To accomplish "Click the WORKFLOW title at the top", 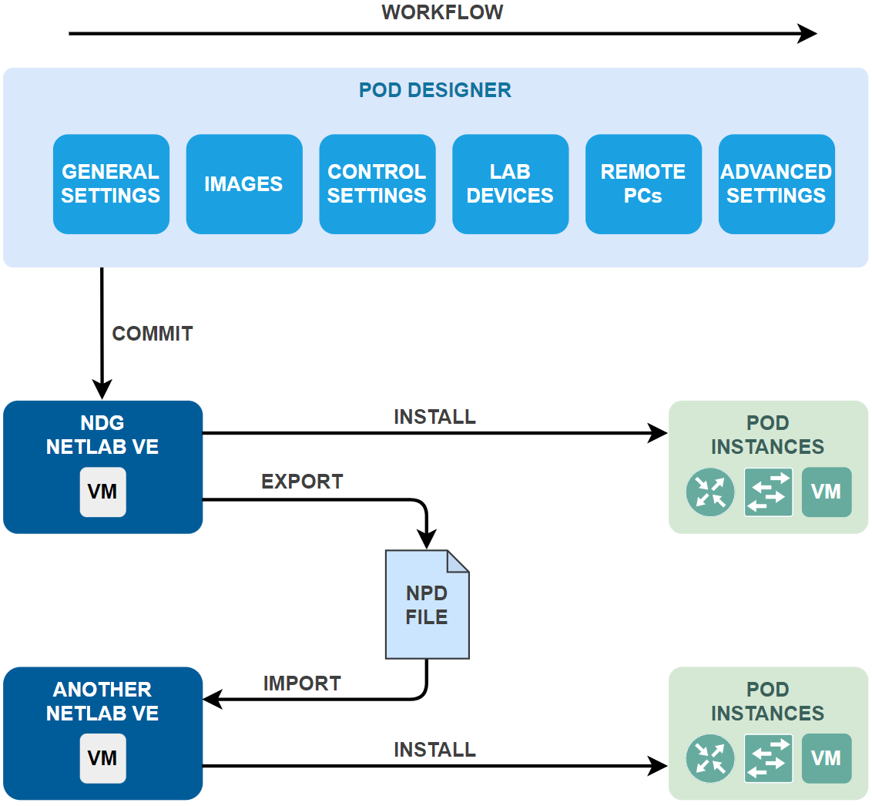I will point(442,12).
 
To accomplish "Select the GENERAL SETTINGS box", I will point(111,184).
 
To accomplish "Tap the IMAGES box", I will point(243,184).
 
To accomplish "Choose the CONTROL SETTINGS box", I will point(377,184).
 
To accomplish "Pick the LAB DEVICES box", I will point(510,184).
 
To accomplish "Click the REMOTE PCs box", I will point(643,184).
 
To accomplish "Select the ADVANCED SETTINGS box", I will point(776,184).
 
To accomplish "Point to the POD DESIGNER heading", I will point(435,90).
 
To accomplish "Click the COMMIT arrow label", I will point(153,334).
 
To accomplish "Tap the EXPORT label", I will point(302,482).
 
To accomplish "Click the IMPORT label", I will point(302,683).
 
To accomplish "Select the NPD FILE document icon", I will point(427,605).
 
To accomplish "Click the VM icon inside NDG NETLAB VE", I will point(102,492).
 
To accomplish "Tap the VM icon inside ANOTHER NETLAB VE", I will point(102,758).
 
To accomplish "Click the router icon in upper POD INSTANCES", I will point(709,492).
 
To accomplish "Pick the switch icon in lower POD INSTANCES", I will point(768,758).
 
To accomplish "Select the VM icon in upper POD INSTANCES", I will point(827,492).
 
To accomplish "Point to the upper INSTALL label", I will point(434,417).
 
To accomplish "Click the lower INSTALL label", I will point(434,750).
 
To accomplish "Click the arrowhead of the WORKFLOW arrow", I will point(807,34).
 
